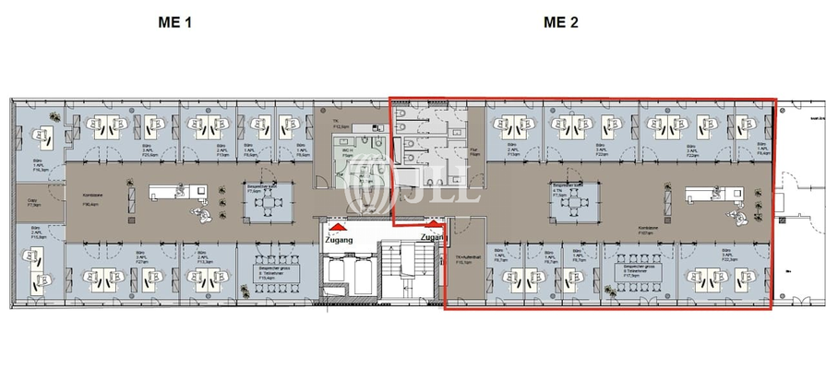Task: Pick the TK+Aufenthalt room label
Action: pos(464,259)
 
